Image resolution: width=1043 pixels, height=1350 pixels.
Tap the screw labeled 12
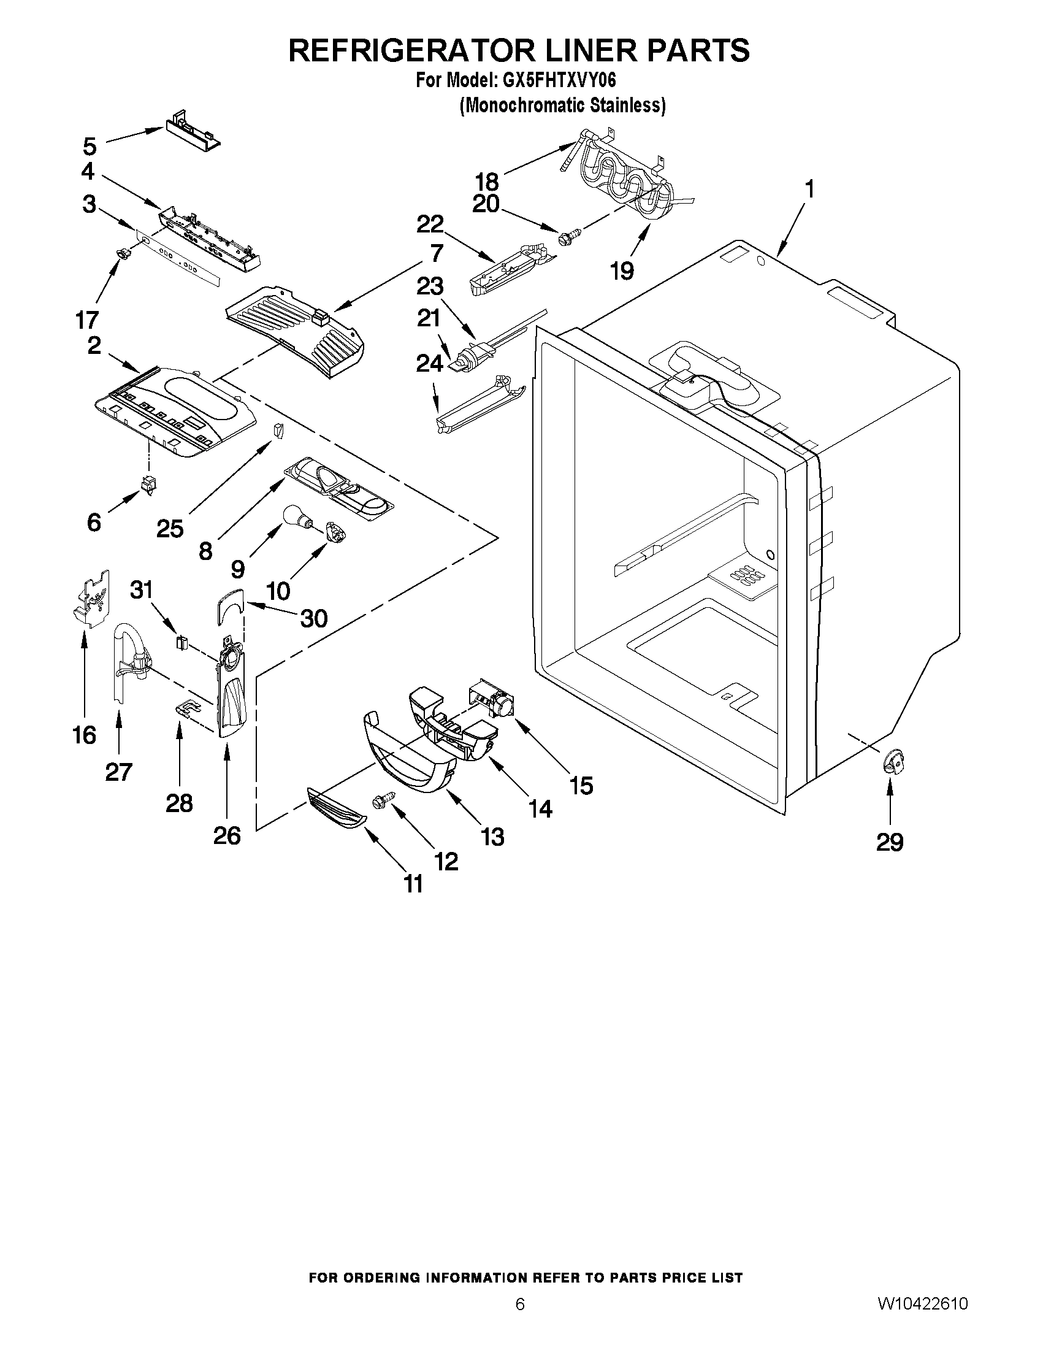click(x=378, y=802)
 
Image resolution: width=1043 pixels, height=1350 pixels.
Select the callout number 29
click(x=889, y=842)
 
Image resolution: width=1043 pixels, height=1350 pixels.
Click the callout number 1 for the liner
click(x=808, y=189)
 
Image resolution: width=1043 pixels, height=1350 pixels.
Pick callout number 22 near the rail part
click(x=430, y=225)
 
